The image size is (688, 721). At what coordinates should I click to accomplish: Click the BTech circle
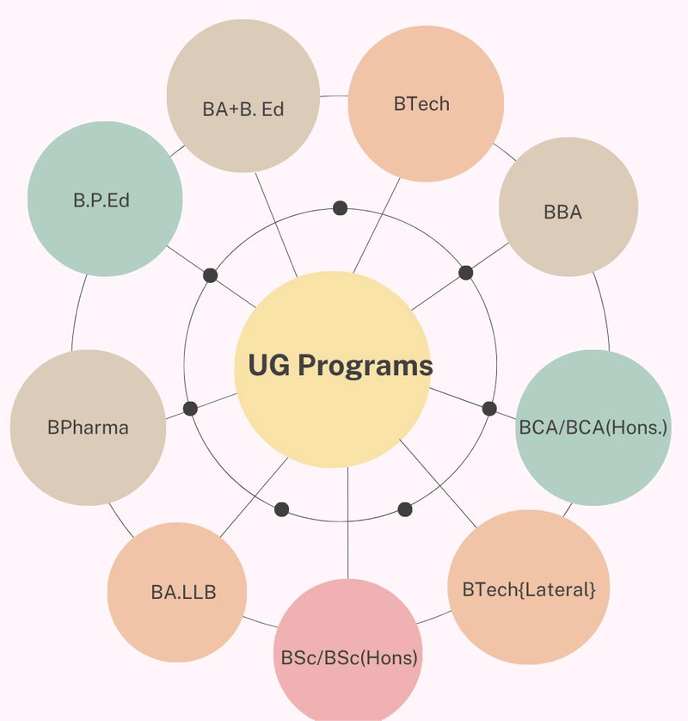click(x=426, y=103)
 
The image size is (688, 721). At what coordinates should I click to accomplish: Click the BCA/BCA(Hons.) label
click(x=593, y=427)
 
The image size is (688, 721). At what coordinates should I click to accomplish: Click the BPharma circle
click(x=88, y=427)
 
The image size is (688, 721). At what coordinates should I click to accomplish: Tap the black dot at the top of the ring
click(x=341, y=207)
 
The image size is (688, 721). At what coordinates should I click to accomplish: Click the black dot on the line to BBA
click(x=466, y=273)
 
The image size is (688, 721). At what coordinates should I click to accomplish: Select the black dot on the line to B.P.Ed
click(x=210, y=275)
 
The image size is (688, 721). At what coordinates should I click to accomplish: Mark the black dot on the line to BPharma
click(x=190, y=409)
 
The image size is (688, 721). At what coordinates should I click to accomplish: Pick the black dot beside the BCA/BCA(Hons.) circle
click(x=489, y=409)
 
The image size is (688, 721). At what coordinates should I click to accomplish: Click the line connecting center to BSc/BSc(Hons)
click(x=348, y=525)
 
